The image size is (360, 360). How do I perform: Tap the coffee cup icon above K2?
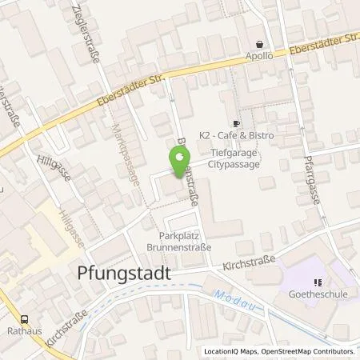[236, 124]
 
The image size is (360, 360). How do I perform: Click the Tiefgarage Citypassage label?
[235, 156]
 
